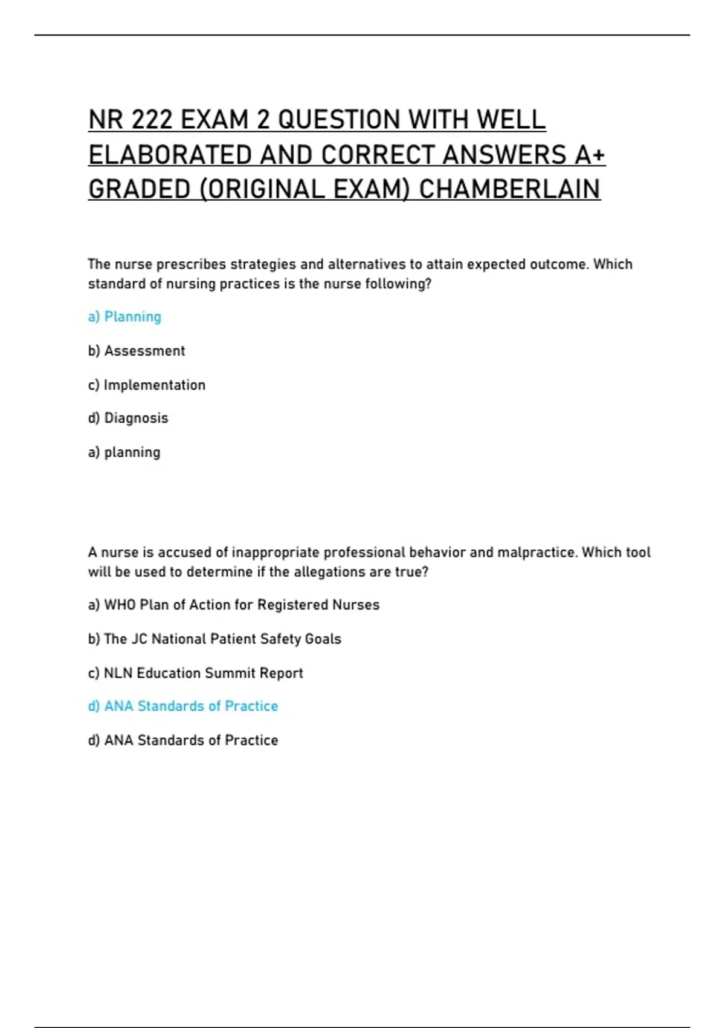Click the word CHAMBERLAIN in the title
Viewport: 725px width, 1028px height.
[x=509, y=189]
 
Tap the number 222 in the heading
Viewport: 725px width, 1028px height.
[x=152, y=120]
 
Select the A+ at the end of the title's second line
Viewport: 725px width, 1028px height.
[x=590, y=155]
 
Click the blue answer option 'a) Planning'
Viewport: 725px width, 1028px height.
[x=124, y=317]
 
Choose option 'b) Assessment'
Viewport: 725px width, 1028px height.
[x=137, y=351]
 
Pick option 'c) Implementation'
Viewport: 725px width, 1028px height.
[x=147, y=385]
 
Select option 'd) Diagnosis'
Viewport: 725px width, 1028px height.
[x=128, y=418]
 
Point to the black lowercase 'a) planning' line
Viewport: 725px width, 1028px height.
[x=124, y=452]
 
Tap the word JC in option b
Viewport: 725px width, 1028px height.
[x=139, y=639]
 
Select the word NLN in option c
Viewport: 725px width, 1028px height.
[x=118, y=673]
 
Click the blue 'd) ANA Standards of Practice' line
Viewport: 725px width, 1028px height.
[x=183, y=706]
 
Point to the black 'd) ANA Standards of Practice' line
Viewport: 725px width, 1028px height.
[x=183, y=740]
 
